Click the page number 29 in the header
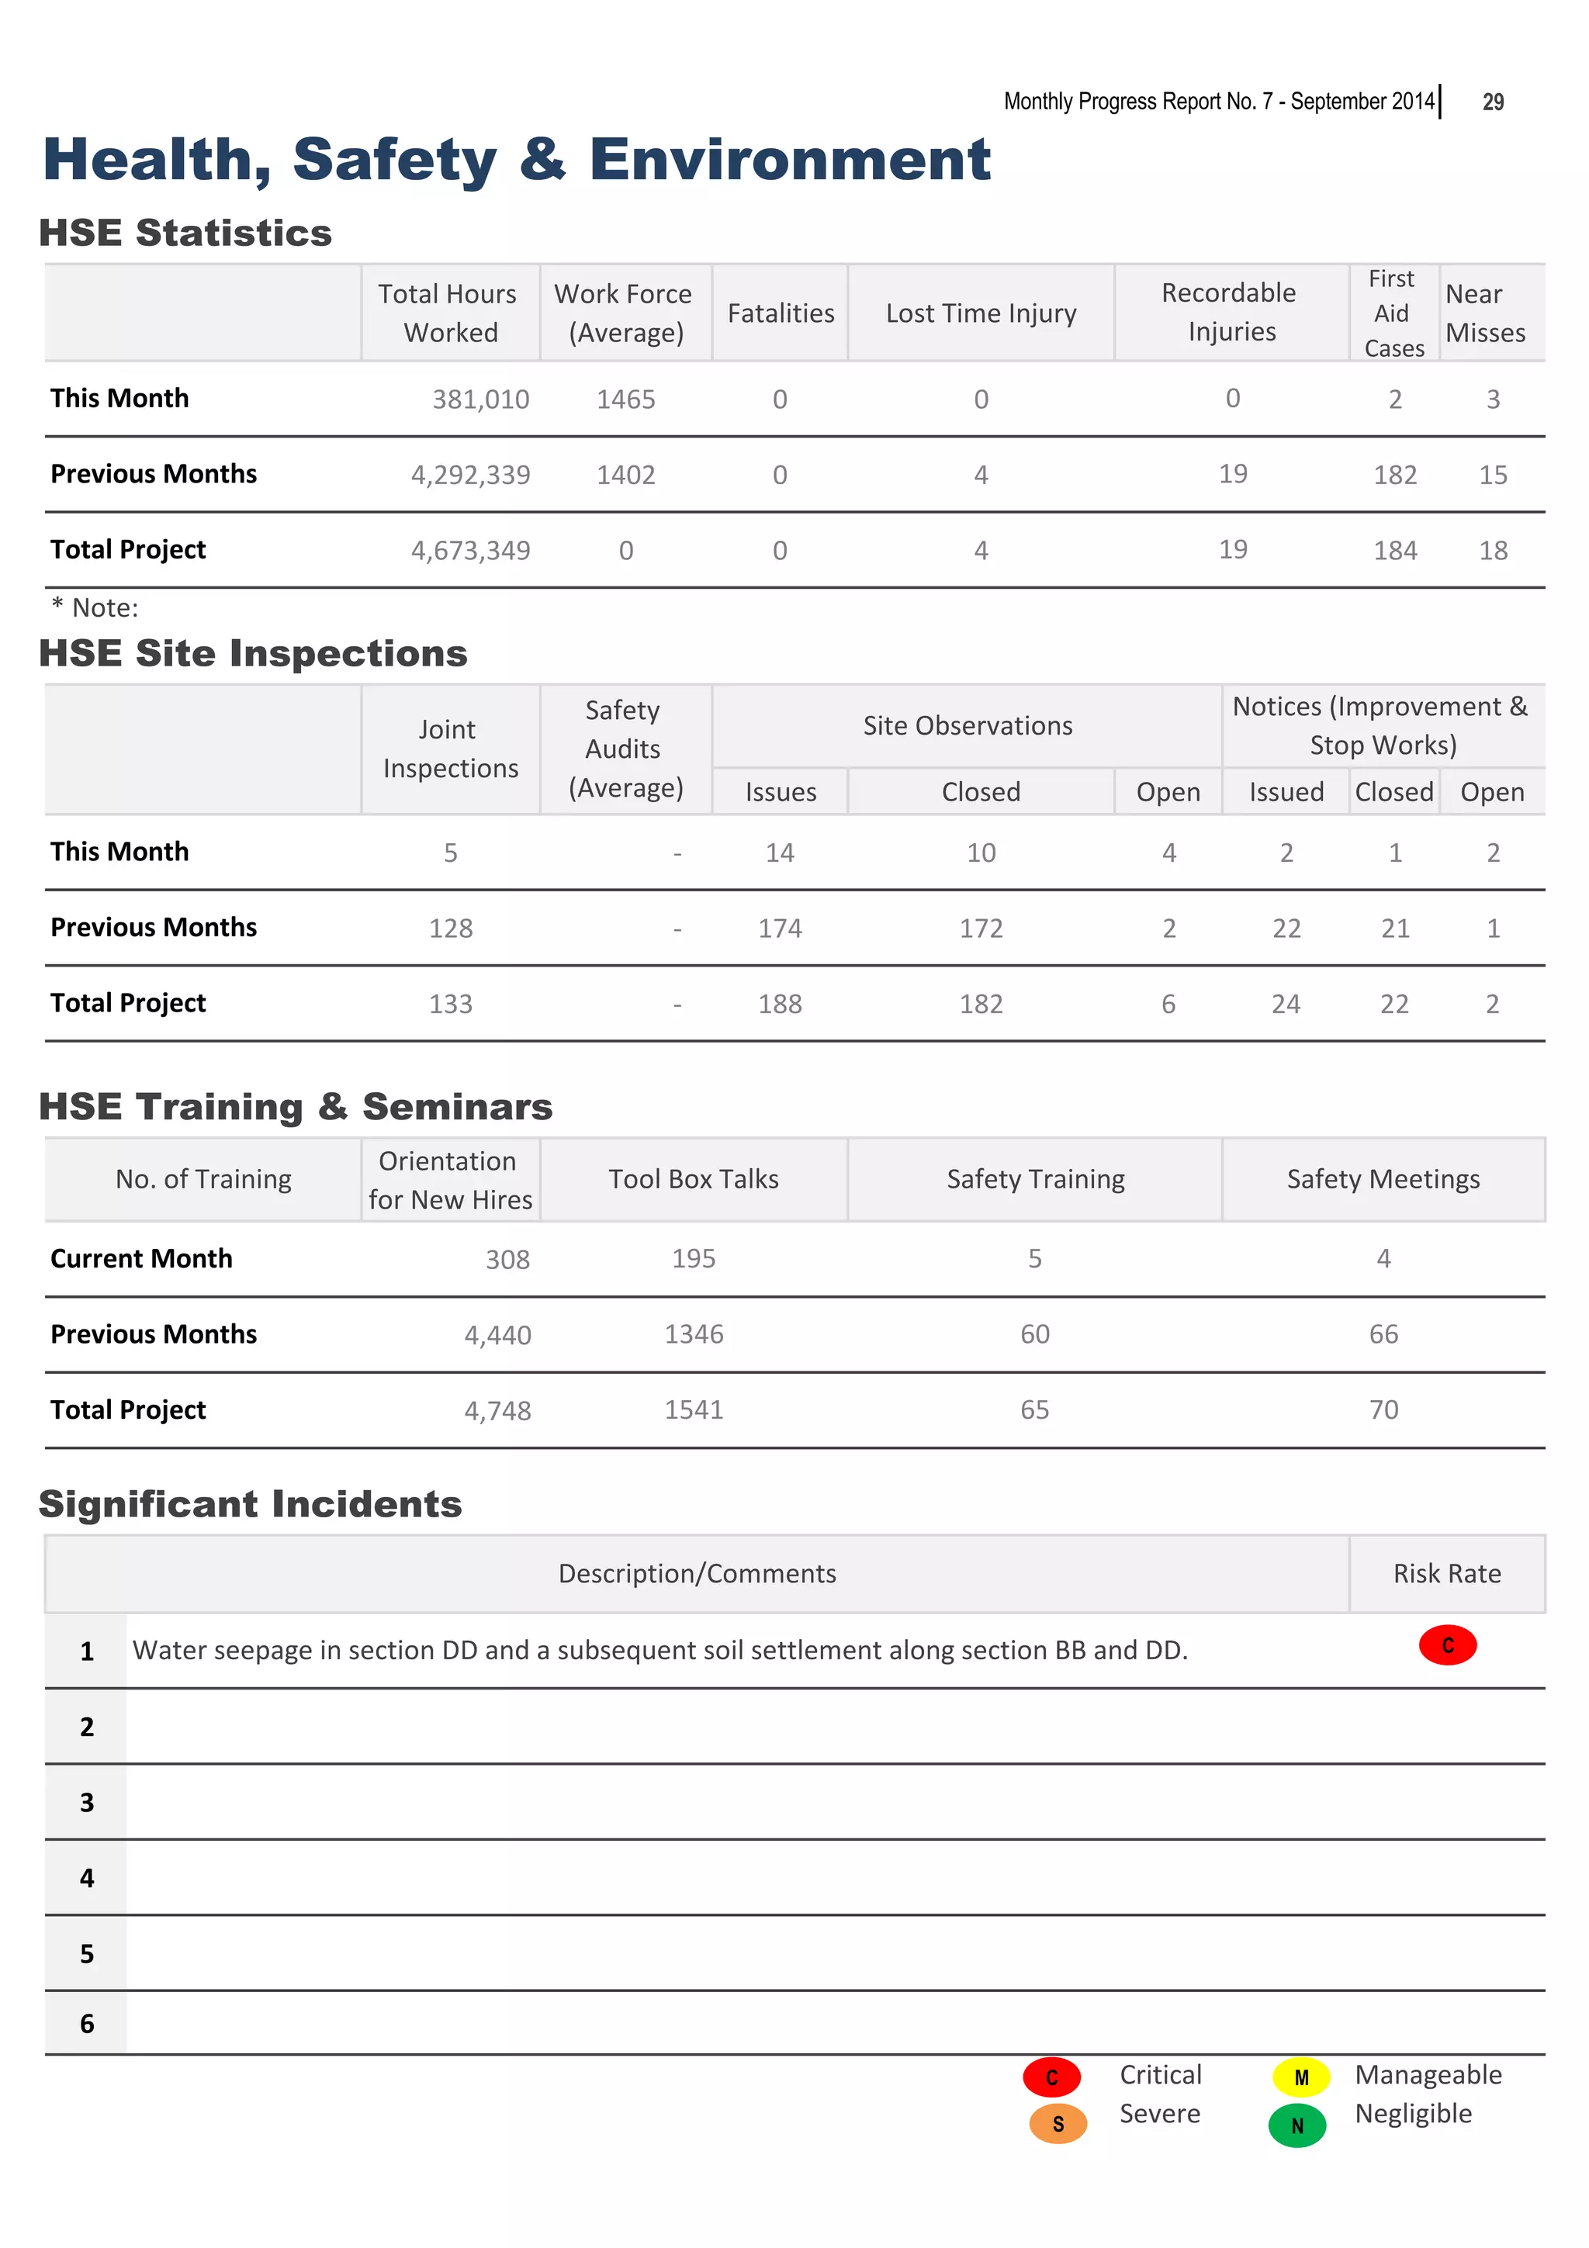pyautogui.click(x=1492, y=102)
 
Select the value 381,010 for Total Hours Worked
pyautogui.click(x=481, y=399)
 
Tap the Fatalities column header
pyautogui.click(x=781, y=313)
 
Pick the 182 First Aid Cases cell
pyautogui.click(x=1394, y=475)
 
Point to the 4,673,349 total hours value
pyautogui.click(x=471, y=550)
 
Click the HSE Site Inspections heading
pyautogui.click(x=254, y=653)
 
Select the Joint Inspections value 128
pyautogui.click(x=450, y=929)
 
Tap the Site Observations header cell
pyautogui.click(x=968, y=725)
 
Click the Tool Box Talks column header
pyautogui.click(x=693, y=1179)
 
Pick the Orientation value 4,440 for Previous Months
pyautogui.click(x=497, y=1336)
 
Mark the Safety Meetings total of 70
pyautogui.click(x=1383, y=1410)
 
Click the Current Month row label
pyautogui.click(x=142, y=1258)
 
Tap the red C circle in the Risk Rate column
pyautogui.click(x=1447, y=1644)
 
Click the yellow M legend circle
pyautogui.click(x=1301, y=2077)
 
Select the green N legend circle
pyautogui.click(x=1297, y=2125)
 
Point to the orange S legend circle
pyautogui.click(x=1058, y=2124)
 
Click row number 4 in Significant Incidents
pyautogui.click(x=87, y=1878)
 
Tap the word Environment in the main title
pyautogui.click(x=789, y=160)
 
